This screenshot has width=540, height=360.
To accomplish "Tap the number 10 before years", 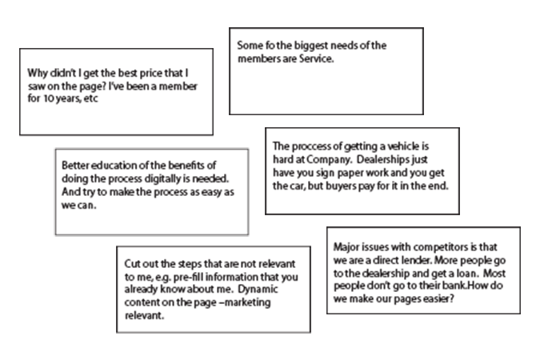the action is tap(49, 98).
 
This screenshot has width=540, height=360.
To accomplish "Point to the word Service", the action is tap(316, 58).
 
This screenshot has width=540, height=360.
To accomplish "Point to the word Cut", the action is tap(132, 264).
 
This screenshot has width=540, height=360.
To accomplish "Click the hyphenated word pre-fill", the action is tap(188, 278).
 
